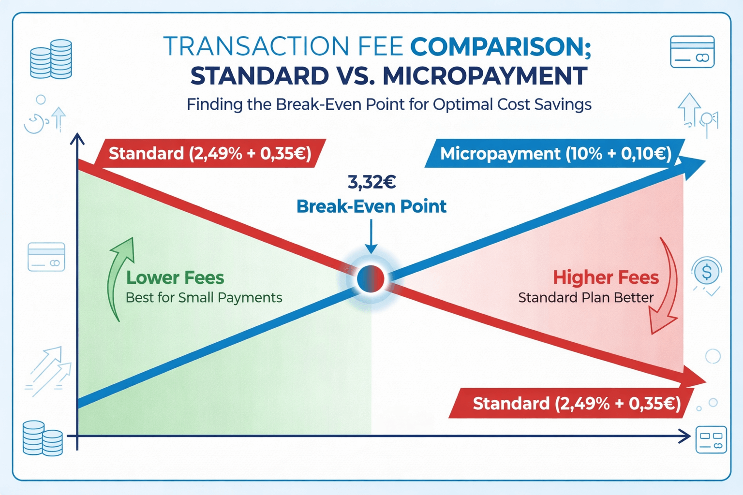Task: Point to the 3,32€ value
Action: click(371, 182)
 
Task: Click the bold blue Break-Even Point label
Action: click(371, 206)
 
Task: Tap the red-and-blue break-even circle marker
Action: click(371, 279)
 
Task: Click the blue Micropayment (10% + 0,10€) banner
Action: click(555, 154)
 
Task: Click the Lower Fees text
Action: click(175, 278)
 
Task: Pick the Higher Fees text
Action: click(606, 278)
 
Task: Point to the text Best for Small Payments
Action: click(204, 298)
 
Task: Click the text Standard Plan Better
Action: click(586, 298)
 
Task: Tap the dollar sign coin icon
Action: click(706, 272)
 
